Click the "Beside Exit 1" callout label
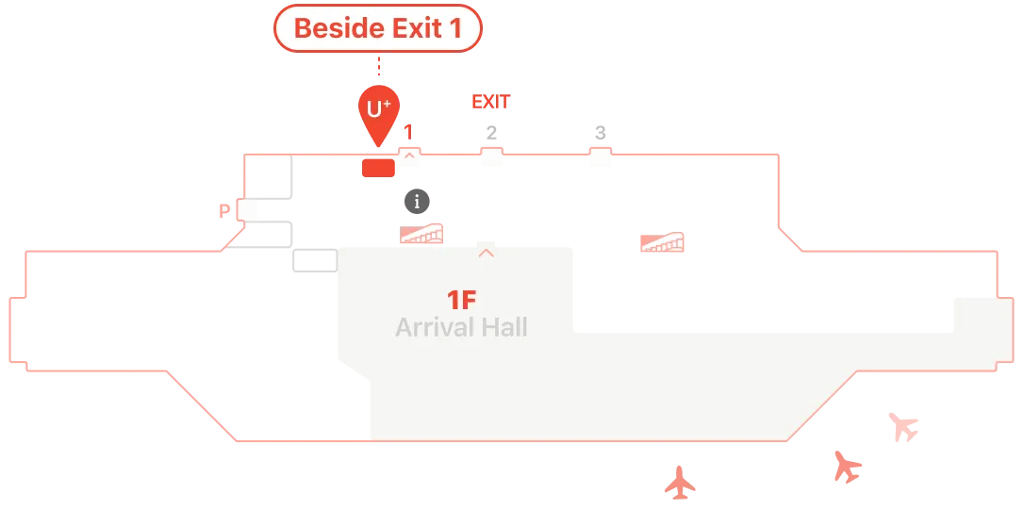pyautogui.click(x=378, y=28)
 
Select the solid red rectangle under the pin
pyautogui.click(x=379, y=168)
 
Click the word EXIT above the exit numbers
pyautogui.click(x=491, y=102)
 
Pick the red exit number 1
pyautogui.click(x=409, y=133)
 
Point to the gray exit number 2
pyautogui.click(x=492, y=133)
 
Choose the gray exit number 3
pyautogui.click(x=601, y=133)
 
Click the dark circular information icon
pyautogui.click(x=418, y=202)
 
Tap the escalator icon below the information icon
pyautogui.click(x=421, y=234)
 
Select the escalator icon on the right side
pyautogui.click(x=662, y=242)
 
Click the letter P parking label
pyautogui.click(x=224, y=211)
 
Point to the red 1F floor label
pyautogui.click(x=462, y=300)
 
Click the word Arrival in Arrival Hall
pyautogui.click(x=434, y=327)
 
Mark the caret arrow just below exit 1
pyautogui.click(x=409, y=156)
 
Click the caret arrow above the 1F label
pyautogui.click(x=486, y=254)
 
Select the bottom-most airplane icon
pyautogui.click(x=680, y=483)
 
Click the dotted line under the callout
pyautogui.click(x=379, y=66)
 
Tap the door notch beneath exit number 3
pyautogui.click(x=601, y=152)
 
